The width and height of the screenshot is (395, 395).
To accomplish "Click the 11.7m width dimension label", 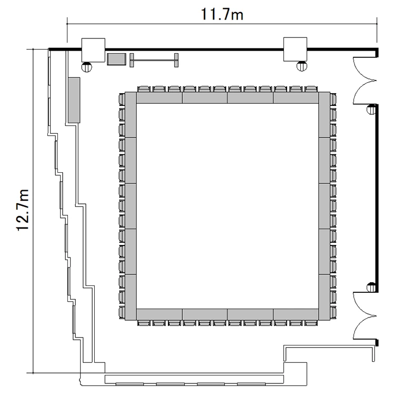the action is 222,14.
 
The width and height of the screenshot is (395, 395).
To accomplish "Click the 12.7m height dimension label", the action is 23,210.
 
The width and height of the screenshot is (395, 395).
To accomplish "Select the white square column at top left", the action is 93,50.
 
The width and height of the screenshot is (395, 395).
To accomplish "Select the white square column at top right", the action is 295,50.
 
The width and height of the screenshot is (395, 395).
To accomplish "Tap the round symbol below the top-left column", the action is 87,67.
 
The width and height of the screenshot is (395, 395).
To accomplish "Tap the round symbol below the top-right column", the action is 302,66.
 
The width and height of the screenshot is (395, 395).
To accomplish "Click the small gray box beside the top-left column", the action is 116,59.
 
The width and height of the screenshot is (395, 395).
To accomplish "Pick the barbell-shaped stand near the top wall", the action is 154,60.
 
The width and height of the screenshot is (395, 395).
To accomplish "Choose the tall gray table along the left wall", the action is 74,100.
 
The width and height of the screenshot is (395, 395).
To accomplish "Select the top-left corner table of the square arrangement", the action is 131,115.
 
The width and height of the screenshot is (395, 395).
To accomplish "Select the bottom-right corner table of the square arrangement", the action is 324,298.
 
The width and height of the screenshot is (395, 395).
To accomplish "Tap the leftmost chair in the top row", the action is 144,89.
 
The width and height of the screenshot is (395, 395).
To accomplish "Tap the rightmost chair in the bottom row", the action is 311,323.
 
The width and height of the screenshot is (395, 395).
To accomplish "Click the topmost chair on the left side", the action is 122,100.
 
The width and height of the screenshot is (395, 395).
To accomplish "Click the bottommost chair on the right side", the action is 333,313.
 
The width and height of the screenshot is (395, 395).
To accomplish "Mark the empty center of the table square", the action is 228,206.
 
